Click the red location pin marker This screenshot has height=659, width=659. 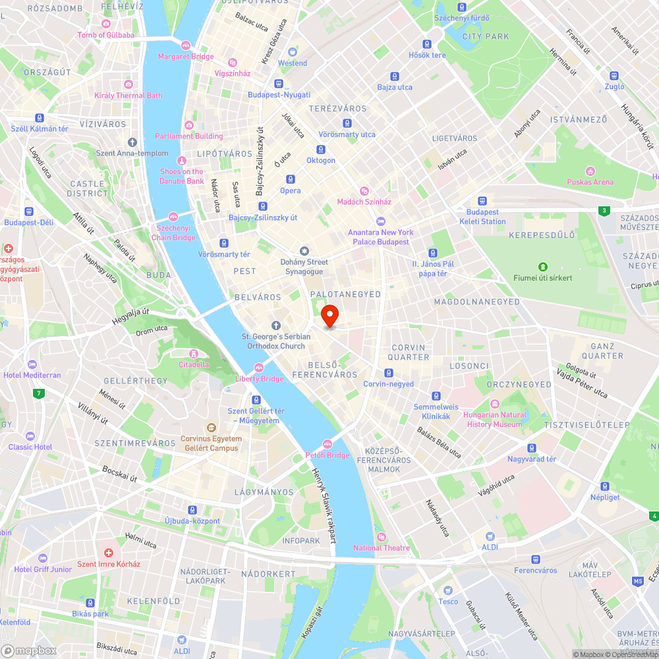329,315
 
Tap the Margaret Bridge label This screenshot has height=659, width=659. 186,57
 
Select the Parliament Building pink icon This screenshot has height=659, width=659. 189,125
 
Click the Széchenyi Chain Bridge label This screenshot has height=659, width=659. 173,233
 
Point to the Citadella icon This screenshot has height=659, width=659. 194,353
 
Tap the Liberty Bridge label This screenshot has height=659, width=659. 259,379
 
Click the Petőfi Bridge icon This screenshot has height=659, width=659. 328,444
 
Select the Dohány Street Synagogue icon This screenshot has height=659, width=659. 304,251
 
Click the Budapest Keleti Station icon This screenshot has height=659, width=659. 482,201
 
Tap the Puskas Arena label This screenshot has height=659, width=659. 590,182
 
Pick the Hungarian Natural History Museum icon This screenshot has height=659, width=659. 495,403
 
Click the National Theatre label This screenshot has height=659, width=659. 381,548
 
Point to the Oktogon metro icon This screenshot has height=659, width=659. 321,149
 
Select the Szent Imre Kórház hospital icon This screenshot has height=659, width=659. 109,552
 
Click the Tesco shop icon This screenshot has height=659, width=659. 448,590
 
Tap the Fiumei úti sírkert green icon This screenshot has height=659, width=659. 543,266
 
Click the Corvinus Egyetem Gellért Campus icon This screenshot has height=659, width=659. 211,427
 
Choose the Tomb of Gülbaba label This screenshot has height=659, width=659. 105,35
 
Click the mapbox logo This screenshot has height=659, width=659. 29,650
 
